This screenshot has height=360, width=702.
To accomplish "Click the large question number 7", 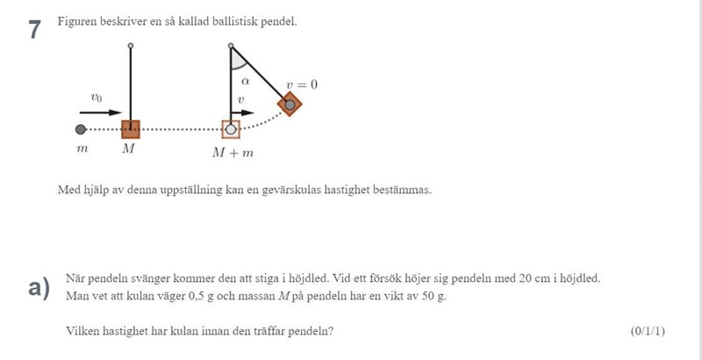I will coord(34,30).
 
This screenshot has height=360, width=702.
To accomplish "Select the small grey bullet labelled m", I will coord(81,129).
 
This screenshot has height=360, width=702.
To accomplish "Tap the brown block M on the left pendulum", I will coord(131,129).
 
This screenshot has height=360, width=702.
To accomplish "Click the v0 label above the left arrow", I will coord(97,98).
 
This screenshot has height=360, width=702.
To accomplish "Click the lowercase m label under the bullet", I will coord(82,149).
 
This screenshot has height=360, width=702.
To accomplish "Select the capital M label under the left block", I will coord(128,149).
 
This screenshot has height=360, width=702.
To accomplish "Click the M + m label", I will coord(233,152).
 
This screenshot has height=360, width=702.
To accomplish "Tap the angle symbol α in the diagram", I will coord(247,80).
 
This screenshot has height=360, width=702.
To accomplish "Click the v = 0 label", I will coord(301,85).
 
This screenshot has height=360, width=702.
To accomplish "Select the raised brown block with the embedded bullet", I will coord(290,104).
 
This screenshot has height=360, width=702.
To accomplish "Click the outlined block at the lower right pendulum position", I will coord(231,129).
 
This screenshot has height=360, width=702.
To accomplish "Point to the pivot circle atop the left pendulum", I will coord(131,44).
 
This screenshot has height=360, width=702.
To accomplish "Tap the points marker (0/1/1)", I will coord(648,331).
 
